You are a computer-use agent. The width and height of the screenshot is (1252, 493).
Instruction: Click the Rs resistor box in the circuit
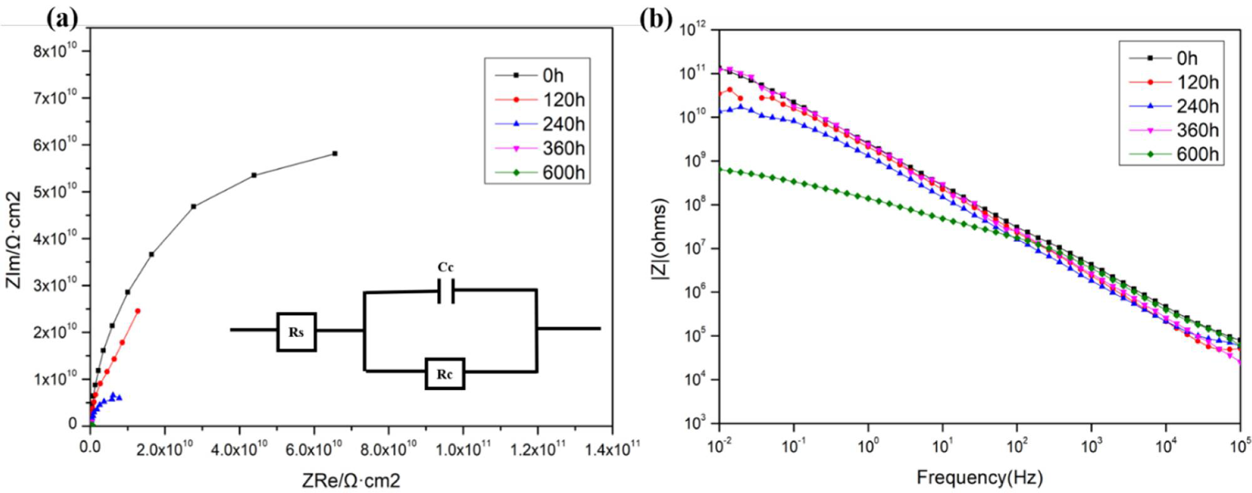(296, 332)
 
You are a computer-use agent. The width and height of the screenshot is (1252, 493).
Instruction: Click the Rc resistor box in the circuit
(445, 374)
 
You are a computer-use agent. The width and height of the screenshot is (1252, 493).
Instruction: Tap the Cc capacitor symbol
(446, 290)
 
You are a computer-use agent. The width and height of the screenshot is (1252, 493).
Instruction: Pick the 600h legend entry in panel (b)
(1173, 155)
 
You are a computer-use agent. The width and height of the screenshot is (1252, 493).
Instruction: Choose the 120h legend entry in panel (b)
(1173, 82)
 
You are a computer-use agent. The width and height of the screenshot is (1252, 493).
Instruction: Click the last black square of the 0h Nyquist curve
(335, 154)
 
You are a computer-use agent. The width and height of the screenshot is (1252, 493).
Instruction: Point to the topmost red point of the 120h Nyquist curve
(138, 311)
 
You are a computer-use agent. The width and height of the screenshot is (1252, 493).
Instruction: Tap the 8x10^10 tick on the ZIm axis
(55, 50)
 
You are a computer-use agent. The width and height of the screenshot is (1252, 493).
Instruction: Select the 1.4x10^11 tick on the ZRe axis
(611, 449)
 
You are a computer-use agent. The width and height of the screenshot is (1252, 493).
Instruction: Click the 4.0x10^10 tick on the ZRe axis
(239, 449)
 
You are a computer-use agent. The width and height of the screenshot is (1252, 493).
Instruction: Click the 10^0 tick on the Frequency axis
(868, 447)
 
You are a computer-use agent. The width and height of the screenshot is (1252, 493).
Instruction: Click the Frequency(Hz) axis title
(979, 477)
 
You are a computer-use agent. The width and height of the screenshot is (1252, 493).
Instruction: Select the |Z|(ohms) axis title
(659, 239)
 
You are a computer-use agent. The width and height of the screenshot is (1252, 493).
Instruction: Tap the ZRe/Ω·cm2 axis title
(351, 480)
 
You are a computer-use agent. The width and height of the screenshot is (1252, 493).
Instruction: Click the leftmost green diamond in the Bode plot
(719, 169)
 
